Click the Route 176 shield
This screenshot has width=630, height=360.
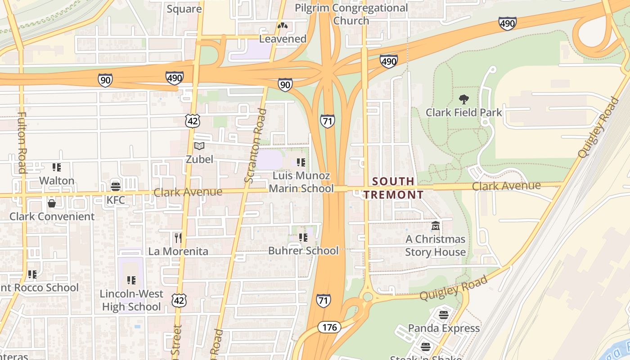click(329, 327)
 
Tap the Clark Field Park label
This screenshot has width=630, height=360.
click(463, 112)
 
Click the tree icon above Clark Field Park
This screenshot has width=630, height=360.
click(463, 99)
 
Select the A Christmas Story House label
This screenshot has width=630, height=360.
click(435, 246)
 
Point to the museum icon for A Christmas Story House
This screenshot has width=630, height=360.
click(435, 226)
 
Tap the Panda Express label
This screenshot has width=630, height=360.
click(444, 328)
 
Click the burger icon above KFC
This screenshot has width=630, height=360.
click(116, 186)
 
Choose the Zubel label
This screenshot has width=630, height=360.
click(199, 159)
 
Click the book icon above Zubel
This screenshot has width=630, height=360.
click(199, 146)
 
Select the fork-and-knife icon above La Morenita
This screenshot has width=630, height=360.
click(178, 237)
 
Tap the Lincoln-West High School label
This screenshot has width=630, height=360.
click(131, 301)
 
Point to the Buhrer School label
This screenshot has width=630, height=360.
click(303, 251)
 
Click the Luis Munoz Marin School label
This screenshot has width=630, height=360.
click(301, 182)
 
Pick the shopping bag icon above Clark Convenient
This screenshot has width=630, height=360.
click(52, 203)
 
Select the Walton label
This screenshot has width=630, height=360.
click(57, 181)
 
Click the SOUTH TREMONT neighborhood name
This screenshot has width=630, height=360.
click(394, 188)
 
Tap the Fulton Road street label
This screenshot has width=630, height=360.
click(22, 142)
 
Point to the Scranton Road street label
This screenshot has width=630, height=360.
click(256, 146)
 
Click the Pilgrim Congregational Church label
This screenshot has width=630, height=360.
click(351, 14)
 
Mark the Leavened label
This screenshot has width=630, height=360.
click(283, 39)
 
